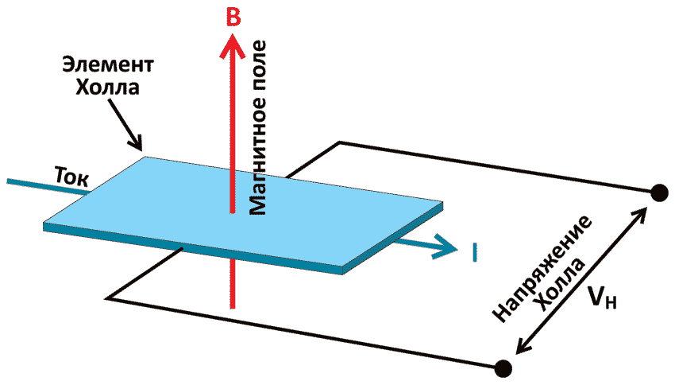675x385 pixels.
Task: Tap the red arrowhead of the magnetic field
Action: tap(231, 49)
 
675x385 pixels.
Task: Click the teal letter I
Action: tap(473, 252)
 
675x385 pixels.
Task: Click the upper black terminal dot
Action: tap(658, 192)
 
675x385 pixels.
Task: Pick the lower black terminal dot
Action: tap(502, 367)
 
